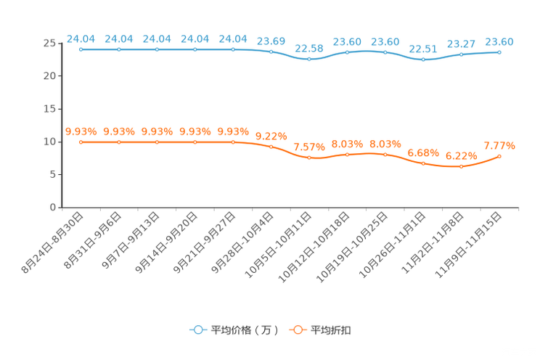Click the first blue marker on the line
pos(81,50)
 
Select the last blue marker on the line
pos(499,52)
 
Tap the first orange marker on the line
pos(81,142)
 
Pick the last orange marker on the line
pos(499,156)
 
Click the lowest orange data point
pos(461,166)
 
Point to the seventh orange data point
pos(309,157)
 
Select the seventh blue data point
pos(309,59)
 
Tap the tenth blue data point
pos(423,59)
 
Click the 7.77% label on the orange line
pos(499,146)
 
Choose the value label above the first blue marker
pos(81,38)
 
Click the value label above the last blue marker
pos(499,42)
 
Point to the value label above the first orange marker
pos(81,131)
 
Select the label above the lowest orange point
pos(461,155)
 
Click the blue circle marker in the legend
pos(198,330)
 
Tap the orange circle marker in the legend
pos(297,330)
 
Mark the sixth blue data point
pos(271,52)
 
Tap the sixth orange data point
pos(271,147)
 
